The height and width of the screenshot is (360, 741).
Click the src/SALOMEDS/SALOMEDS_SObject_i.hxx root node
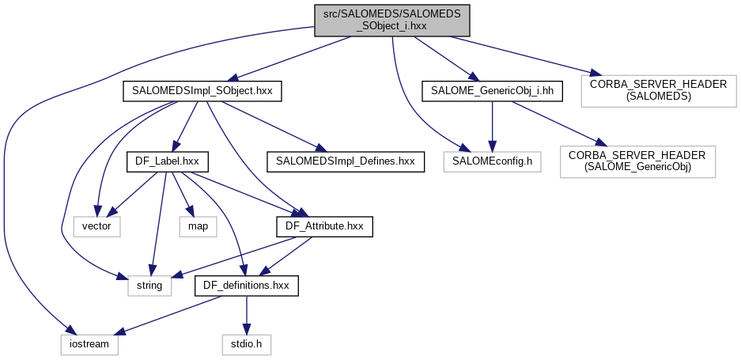[x=392, y=19]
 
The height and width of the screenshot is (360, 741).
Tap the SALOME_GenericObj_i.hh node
[x=492, y=91]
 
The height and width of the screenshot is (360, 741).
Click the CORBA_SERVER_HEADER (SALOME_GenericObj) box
[x=638, y=161]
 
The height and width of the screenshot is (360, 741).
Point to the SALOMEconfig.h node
[x=493, y=161]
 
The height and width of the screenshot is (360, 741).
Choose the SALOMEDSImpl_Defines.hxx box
[x=346, y=161]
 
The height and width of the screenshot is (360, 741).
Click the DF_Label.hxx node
[x=167, y=161]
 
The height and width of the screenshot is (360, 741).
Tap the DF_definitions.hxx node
[x=248, y=285]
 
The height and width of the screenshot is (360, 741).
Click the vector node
[x=97, y=226]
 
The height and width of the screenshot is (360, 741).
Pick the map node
[x=198, y=226]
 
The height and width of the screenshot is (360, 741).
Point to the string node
[x=149, y=285]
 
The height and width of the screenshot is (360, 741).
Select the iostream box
[x=89, y=345]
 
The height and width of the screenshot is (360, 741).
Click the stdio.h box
[x=246, y=345]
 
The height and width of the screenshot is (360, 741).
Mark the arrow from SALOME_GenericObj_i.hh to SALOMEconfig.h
[x=493, y=127]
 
